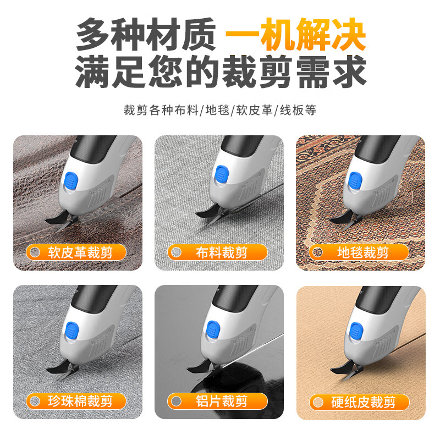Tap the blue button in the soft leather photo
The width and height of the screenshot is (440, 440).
point(71,181)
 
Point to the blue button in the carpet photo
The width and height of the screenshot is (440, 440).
point(358,181)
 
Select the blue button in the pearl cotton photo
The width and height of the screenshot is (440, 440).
point(71,329)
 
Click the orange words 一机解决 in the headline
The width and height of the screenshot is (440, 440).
point(295,34)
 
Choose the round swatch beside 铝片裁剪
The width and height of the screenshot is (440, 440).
point(176,401)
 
